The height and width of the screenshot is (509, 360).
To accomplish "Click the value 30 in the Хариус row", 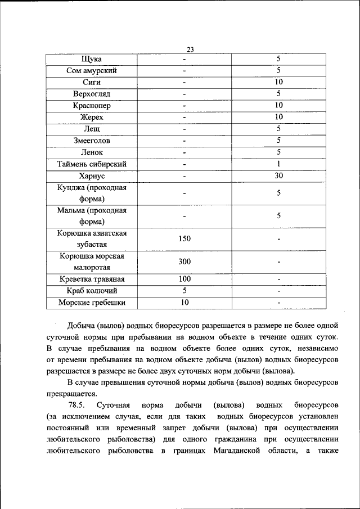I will (x=278, y=176).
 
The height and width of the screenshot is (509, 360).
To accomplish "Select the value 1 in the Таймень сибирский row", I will (x=278, y=164).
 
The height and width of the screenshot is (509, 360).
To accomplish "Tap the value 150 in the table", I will (x=184, y=238).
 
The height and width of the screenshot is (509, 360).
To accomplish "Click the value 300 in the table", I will (x=184, y=262).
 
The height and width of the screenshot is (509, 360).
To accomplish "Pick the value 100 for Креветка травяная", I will (x=184, y=279).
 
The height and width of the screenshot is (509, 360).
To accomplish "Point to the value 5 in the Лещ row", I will (x=278, y=129).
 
